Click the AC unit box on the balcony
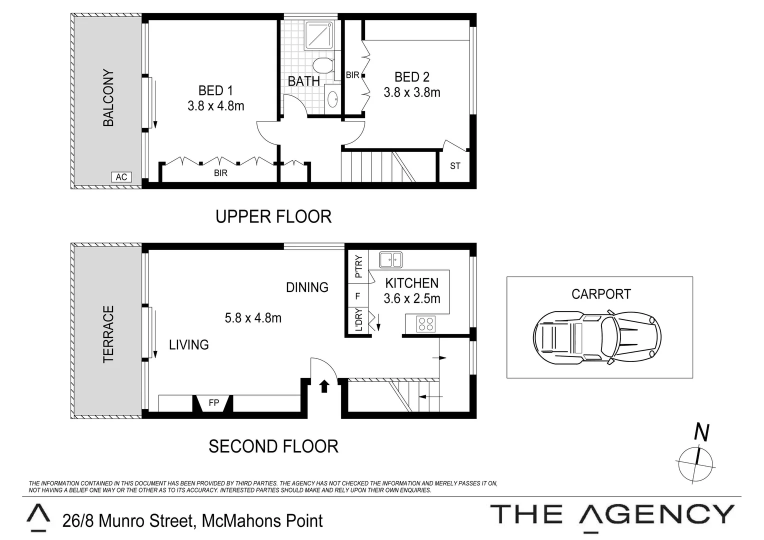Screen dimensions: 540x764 tap(121, 177)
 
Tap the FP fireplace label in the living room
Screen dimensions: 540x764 tap(213, 402)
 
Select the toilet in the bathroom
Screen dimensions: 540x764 tap(323, 65)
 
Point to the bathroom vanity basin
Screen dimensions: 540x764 tap(332, 99)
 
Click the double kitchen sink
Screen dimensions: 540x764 tap(390, 259)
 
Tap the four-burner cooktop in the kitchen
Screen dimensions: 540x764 tap(426, 323)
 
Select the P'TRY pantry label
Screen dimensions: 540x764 tap(358, 266)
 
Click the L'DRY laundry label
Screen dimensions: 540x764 tap(358, 320)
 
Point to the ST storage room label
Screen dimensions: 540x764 tap(455, 166)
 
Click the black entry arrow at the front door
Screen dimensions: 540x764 tap(324, 385)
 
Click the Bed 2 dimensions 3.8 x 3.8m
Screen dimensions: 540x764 tap(411, 92)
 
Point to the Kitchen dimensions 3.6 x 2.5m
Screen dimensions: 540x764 tap(411, 298)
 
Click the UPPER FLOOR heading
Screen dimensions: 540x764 tap(273, 216)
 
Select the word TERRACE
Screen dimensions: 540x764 tap(108, 334)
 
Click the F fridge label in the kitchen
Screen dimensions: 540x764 tap(357, 296)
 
